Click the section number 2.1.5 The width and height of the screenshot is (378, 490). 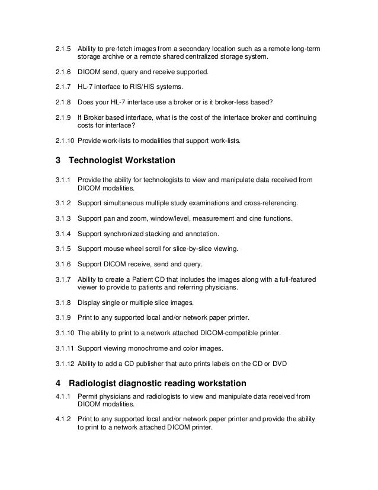(x=62, y=47)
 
